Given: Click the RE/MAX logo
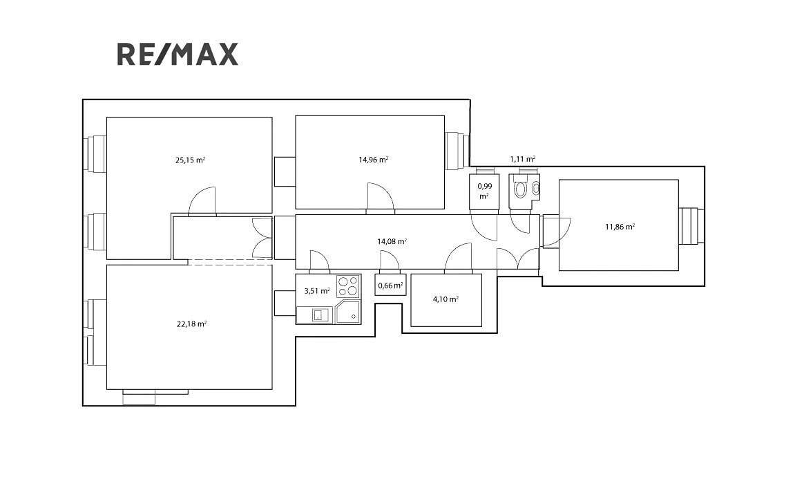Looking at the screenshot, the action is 178,55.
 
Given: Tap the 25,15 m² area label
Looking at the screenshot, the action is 190,160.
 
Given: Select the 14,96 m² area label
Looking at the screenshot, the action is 374,160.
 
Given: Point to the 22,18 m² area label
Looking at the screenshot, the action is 191,324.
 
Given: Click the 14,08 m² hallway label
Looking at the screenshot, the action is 392,241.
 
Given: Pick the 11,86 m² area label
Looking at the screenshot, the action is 620,227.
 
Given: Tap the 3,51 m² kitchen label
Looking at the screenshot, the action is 317,291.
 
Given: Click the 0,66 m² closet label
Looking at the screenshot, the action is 390,285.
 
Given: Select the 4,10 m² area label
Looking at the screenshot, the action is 446,299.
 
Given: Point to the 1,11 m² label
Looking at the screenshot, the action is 523,159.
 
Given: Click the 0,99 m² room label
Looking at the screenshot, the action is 485,191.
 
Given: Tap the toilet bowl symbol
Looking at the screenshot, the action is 521,190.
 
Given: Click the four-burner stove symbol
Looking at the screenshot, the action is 348,285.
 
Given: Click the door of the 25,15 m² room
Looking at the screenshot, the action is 202,201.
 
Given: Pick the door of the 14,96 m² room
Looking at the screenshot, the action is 381,196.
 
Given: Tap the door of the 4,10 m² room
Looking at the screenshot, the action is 459,256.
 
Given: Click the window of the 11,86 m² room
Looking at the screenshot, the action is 691,227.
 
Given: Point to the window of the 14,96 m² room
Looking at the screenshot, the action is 457,151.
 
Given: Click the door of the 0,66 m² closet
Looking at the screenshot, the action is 390,260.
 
